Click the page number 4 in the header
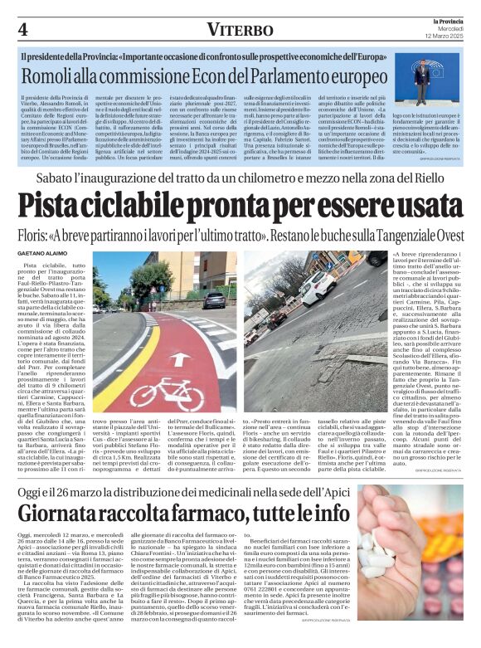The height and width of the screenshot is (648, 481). pos(22,29)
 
